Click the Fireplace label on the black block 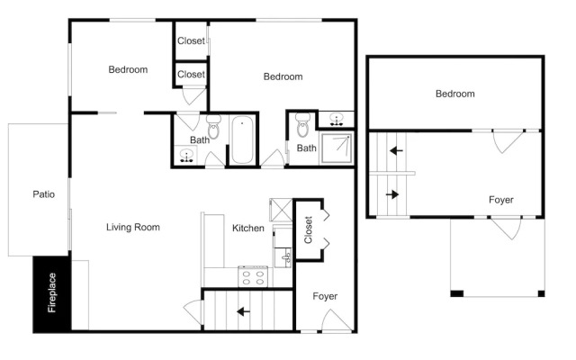point(52,292)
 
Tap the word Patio point(44,194)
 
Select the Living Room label point(133,228)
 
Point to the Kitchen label point(248,228)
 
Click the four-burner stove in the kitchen point(253,276)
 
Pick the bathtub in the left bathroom point(242,139)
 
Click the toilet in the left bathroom point(213,126)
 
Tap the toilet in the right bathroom point(303,125)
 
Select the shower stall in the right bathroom point(337,148)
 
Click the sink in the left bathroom point(186,156)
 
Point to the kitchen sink point(285,257)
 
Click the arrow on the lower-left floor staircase point(243,312)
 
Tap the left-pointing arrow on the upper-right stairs point(396,150)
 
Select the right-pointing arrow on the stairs point(392,194)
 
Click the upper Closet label point(191,40)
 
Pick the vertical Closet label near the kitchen point(308,230)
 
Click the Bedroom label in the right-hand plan point(455,94)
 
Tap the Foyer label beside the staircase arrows point(501,200)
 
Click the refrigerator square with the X point(281,210)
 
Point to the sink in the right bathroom point(336,120)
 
